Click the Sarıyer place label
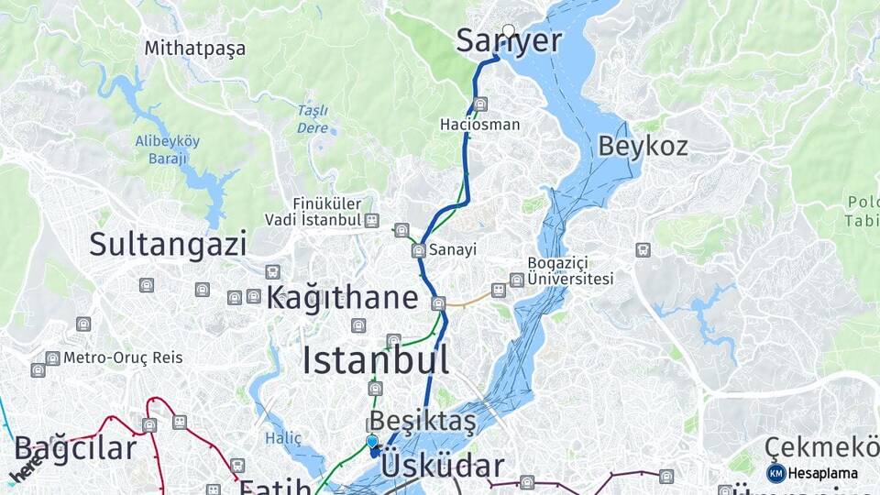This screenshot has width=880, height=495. coord(508,42)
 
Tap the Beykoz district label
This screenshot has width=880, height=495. coord(643,146)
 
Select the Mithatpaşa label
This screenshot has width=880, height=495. coord(194,49)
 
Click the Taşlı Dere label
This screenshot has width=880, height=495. coord(313,119)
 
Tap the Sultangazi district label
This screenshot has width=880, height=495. coord(168,244)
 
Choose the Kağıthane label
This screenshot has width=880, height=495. coord(342,297)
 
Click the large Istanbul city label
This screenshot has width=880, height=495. coord(376,360)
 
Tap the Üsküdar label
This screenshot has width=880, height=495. coord(442,466)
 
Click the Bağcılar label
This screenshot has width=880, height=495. coord(75,449)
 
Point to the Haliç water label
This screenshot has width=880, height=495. coord(283,438)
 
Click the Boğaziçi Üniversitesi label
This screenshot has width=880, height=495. coord(570,270)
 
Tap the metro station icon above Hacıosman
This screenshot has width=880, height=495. coord(480,104)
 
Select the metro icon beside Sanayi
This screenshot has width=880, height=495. coord(418,250)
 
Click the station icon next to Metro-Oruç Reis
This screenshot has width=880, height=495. coord(52,357)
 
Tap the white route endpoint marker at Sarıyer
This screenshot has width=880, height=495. coord(509,30)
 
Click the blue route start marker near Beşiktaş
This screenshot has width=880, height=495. coord(372,442)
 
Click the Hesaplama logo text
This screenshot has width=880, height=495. coord(821,474)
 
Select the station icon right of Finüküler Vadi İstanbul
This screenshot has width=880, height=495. coord(371,220)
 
